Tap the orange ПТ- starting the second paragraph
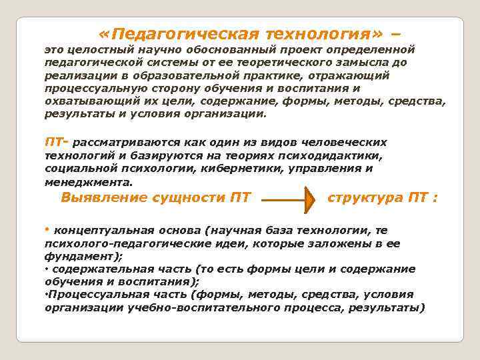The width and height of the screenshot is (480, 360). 55,143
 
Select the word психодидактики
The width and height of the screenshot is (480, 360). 333,155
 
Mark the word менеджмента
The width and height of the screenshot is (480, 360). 89,181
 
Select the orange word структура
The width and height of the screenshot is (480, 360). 365,197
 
